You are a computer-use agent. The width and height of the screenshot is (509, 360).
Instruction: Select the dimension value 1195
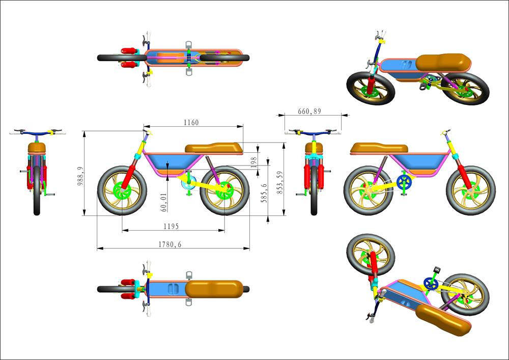point(171,226)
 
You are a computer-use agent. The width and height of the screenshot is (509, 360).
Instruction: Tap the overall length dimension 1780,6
point(171,244)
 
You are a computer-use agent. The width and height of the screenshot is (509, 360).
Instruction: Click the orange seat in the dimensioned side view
point(214,148)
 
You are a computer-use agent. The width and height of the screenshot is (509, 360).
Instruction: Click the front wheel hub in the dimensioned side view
point(121,191)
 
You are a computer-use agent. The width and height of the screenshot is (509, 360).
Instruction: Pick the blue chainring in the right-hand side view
point(403,182)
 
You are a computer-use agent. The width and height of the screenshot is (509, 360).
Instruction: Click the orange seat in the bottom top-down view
point(214,289)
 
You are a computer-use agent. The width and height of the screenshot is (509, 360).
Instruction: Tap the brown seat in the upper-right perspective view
point(441,63)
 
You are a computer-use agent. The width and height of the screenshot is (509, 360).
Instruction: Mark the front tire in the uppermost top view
point(109,58)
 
